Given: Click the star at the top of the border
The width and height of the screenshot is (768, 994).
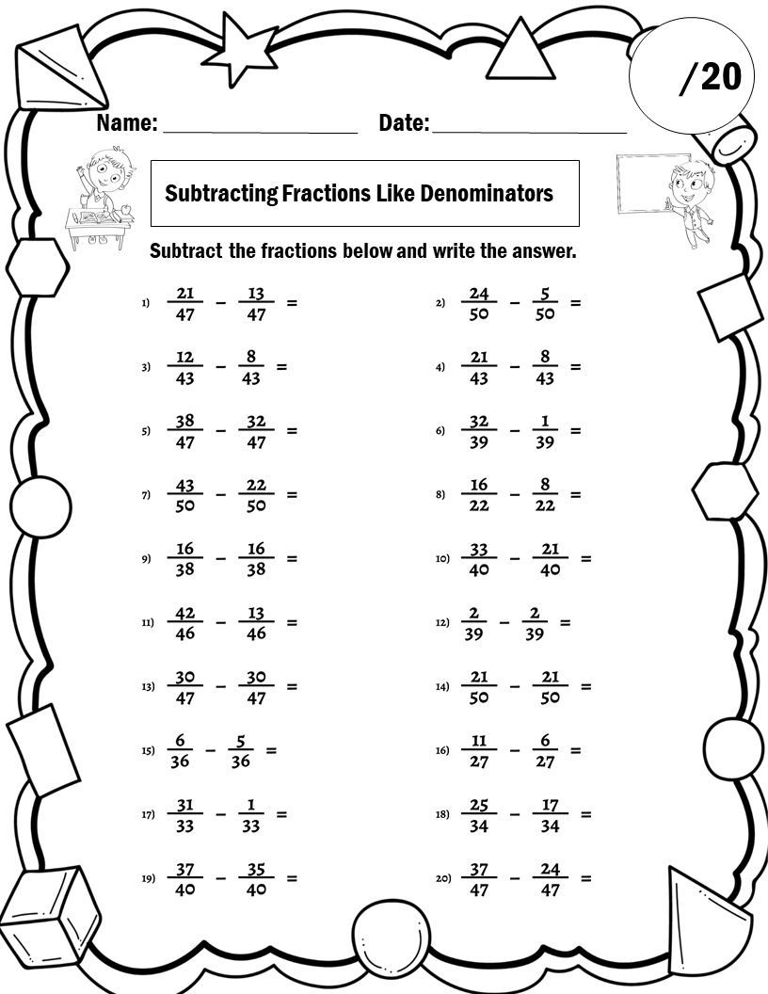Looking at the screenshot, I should point(242,50).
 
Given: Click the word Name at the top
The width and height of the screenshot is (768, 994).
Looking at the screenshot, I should point(126,123).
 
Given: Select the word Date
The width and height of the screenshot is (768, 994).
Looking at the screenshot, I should point(404,123).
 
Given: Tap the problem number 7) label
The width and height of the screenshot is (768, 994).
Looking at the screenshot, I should point(146,495).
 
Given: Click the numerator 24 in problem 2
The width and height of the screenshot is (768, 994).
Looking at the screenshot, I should point(479,294).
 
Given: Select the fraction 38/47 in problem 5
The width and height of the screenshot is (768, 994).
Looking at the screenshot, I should point(185,431).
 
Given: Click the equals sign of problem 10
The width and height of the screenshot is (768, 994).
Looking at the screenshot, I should point(585,558).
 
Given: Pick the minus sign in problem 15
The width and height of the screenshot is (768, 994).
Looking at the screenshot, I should point(211,750).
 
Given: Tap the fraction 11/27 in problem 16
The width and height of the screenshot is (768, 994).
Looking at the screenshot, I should point(479,750).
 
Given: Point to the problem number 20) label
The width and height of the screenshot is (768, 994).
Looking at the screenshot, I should point(442,878).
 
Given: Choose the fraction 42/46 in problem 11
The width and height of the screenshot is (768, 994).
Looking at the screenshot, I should point(185,622).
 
